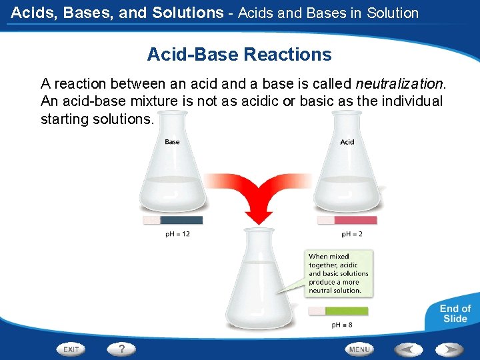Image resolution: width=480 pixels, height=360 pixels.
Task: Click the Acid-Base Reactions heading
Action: point(239,54)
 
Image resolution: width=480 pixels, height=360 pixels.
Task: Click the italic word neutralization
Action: point(399,84)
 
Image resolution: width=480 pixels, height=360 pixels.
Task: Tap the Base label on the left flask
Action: point(172,141)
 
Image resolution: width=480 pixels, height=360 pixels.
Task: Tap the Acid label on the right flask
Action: point(347,141)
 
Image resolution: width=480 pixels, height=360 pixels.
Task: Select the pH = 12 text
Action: point(177,234)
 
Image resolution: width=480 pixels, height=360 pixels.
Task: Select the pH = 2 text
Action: point(352,234)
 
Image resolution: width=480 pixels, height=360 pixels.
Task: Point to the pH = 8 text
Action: point(342,325)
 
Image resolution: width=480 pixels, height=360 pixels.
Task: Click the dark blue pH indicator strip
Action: point(181,220)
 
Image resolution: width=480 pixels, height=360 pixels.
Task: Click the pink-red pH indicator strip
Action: point(355,220)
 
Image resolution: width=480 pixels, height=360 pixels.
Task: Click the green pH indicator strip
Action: point(347,311)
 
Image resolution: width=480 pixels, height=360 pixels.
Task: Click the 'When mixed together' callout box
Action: point(339,273)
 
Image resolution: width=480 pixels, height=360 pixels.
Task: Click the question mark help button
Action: point(121,349)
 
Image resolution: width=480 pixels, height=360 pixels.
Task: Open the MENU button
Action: point(359,349)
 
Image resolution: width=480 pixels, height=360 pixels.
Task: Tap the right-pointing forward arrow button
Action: point(449,349)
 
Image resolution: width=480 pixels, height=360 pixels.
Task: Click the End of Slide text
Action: point(455,313)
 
